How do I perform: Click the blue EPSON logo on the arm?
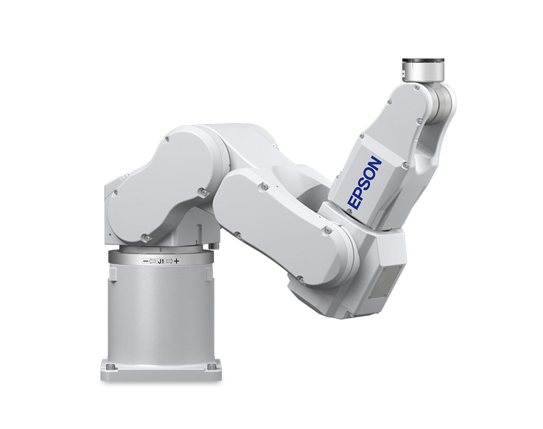tap(365, 183)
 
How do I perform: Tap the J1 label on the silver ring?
tap(161, 262)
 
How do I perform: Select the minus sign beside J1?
tap(145, 262)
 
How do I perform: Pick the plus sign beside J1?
tap(177, 261)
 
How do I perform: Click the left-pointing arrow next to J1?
tap(152, 262)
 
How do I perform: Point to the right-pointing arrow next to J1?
tap(169, 261)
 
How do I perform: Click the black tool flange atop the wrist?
tap(423, 61)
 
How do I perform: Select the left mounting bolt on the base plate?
tap(110, 367)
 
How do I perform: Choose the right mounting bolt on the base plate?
tap(211, 367)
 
